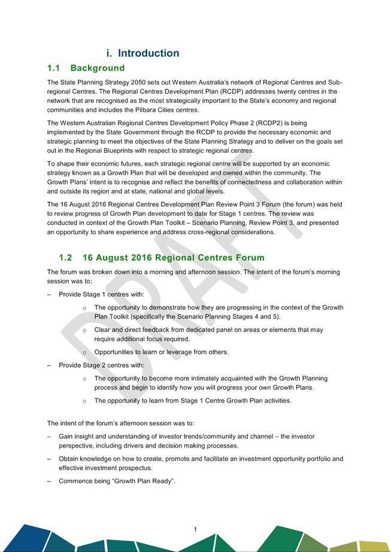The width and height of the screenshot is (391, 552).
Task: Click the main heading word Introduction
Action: (x=148, y=53)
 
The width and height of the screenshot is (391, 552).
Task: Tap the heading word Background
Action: (x=98, y=68)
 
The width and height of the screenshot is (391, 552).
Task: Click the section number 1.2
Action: (x=66, y=258)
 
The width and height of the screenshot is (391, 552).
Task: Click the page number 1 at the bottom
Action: (x=195, y=529)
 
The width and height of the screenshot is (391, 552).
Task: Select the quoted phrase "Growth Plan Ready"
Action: (x=146, y=481)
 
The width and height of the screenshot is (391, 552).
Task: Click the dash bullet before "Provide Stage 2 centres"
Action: (x=49, y=365)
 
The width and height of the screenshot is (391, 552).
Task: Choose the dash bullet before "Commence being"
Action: (x=49, y=481)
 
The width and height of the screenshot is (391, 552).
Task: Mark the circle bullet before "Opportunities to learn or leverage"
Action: (x=84, y=352)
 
